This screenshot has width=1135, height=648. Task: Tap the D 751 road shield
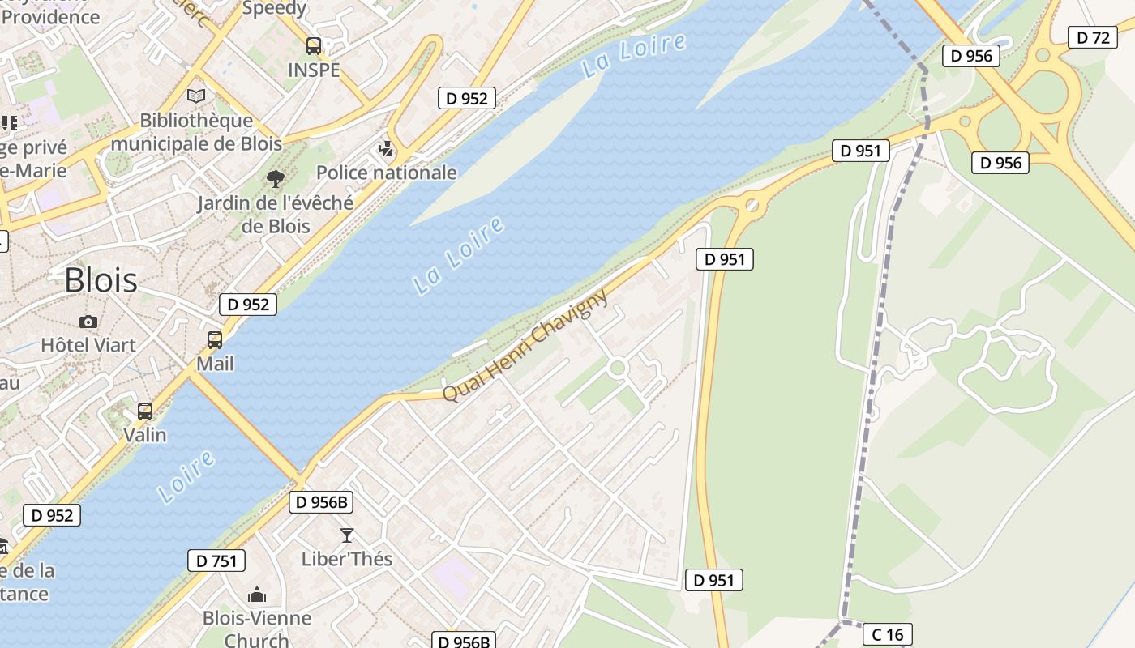coord(216,561)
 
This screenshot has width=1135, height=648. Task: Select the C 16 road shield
coord(888,634)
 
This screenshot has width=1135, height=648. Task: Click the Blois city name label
coord(101,280)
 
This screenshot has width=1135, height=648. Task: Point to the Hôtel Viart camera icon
coord(88,322)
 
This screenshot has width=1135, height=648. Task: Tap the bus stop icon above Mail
coord(215,340)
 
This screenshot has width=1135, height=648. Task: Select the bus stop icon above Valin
coord(145,411)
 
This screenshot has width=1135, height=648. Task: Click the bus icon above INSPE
coord(314,46)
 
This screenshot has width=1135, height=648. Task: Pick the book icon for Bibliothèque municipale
coord(196,96)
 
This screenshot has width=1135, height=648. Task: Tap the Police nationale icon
coord(387,149)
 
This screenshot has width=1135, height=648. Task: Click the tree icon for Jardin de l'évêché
coord(276,178)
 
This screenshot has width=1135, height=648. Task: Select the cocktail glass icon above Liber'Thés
coord(347,535)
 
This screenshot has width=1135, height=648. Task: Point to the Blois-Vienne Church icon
coord(257,595)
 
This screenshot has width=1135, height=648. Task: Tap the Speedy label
coord(274,9)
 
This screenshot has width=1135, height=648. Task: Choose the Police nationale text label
coord(387,173)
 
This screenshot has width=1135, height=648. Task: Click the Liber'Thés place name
coord(347,559)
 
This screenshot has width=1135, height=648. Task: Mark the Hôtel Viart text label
coord(88,345)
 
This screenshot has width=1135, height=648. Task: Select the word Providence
coord(51,16)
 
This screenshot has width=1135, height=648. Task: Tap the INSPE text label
coord(314,70)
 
